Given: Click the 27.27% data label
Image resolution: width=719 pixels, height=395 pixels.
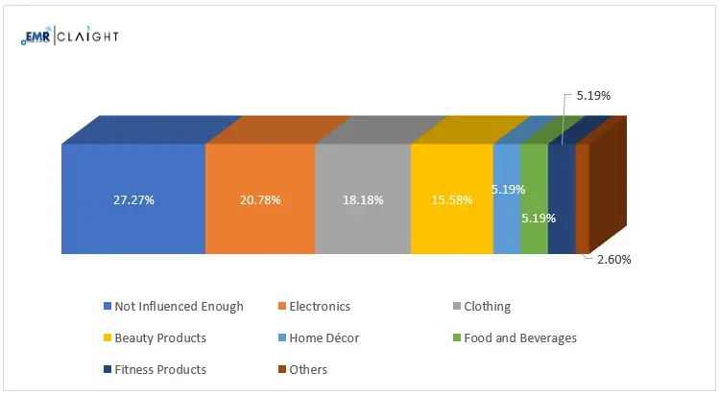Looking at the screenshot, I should (132, 200).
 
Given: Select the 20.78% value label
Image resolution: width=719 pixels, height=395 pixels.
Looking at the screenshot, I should (260, 200).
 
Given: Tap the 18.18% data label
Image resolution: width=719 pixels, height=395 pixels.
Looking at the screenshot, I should (363, 200).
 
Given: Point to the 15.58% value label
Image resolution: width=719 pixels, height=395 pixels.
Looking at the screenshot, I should (452, 200).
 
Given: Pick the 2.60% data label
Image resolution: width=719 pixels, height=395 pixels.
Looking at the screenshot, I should (613, 259).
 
